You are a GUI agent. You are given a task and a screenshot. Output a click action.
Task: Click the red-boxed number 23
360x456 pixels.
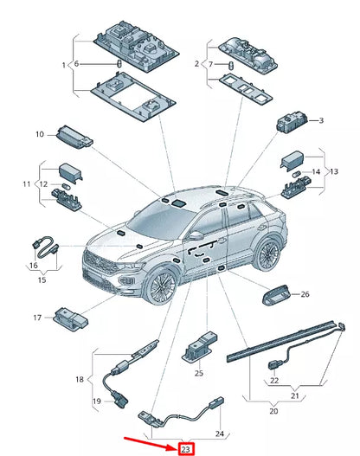point(185,450)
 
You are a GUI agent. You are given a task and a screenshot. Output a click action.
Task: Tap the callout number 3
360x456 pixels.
point(321,120)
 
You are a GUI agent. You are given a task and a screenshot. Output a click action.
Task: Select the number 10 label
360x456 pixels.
point(40,134)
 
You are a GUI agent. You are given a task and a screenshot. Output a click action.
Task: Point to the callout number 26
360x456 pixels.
point(305,294)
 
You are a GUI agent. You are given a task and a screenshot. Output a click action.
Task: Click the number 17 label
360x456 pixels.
point(37,318)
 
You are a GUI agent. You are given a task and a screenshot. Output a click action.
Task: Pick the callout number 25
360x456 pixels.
point(199,373)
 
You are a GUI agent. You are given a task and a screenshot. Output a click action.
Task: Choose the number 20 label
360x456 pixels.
point(273,411)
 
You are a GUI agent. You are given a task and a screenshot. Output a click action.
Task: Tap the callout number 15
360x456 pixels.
point(42,279)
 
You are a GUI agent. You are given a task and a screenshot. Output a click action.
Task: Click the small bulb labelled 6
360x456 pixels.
point(119,63)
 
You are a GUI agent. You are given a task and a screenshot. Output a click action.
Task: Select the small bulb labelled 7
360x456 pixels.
point(231,66)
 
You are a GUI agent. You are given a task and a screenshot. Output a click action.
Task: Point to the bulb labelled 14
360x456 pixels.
point(296,174)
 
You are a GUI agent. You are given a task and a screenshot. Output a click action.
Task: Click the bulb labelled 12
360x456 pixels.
point(66,186)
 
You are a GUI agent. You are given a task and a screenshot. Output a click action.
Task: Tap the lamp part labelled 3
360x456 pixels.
point(292,122)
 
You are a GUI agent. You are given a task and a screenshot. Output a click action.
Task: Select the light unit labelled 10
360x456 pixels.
point(75,137)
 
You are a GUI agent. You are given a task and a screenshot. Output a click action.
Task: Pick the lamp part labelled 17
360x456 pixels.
point(71,318)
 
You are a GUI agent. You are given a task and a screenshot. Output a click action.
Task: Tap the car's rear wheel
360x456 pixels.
point(267,254)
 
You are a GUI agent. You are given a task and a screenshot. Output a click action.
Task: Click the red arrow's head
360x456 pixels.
point(173,447)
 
